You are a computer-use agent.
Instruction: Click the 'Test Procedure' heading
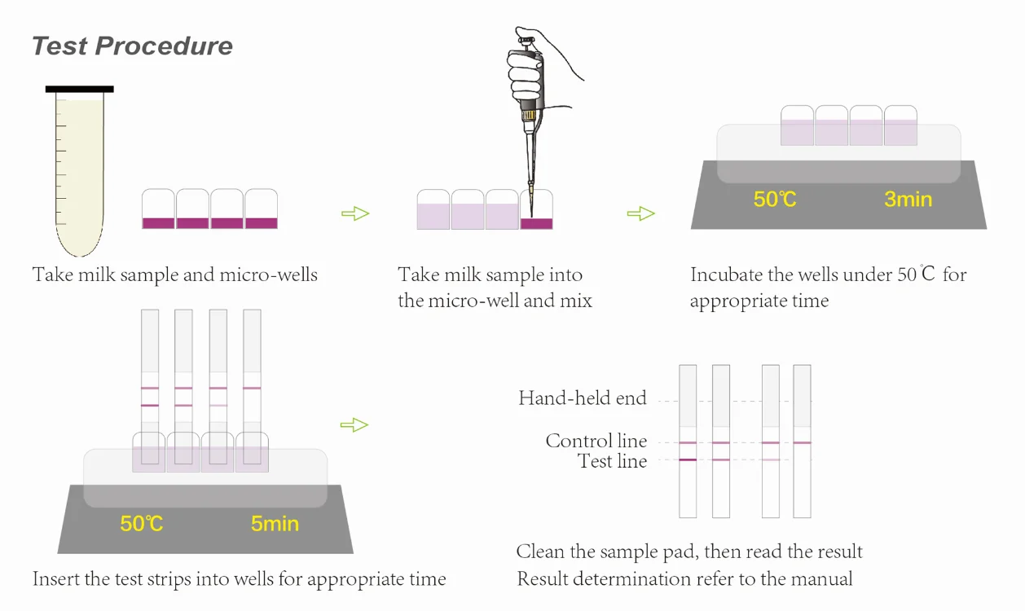tap(132, 46)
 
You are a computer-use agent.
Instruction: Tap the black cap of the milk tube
tap(79, 89)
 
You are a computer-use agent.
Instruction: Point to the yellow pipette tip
tap(530, 196)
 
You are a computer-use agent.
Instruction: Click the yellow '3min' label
tap(908, 199)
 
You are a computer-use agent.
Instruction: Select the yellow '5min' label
tap(275, 523)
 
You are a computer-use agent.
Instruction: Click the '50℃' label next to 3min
tap(775, 199)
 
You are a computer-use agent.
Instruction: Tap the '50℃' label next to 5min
tap(142, 523)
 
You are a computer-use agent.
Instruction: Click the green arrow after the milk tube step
tap(354, 213)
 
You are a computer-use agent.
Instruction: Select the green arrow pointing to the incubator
tap(640, 213)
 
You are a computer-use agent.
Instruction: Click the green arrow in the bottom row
tap(354, 424)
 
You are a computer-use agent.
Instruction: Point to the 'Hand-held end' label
tap(582, 398)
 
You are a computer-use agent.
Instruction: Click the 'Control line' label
tap(596, 442)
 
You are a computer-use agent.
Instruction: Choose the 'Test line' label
tap(612, 461)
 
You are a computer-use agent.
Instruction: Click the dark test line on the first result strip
tap(688, 460)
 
